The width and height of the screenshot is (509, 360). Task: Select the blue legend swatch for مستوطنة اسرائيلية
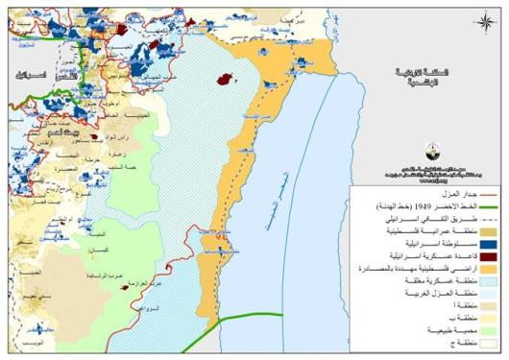tap(484, 246)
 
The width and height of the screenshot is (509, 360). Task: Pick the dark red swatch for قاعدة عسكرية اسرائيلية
tap(484, 259)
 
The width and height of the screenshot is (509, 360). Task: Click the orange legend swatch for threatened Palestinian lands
tap(484, 273)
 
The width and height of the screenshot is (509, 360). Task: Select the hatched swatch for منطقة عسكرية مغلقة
tap(484, 286)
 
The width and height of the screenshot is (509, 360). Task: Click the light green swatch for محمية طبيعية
tap(484, 327)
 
